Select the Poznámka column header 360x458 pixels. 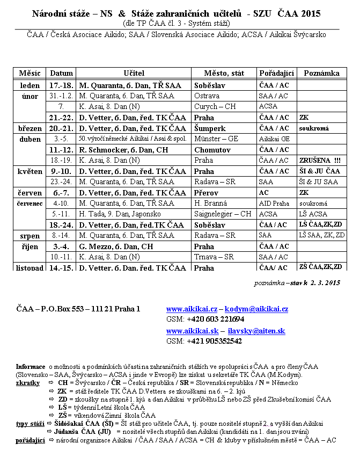(x=321, y=72)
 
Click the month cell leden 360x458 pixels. (x=30, y=85)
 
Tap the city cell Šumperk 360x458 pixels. (x=210, y=128)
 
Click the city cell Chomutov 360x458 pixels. (x=212, y=150)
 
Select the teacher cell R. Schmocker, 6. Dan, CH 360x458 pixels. (x=124, y=150)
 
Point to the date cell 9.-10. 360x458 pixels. (x=61, y=171)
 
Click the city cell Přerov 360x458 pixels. (x=207, y=193)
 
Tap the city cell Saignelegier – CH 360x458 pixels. (x=223, y=214)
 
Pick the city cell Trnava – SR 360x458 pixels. (x=214, y=257)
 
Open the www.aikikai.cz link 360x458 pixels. (x=192, y=309)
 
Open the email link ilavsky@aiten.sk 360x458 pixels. (x=256, y=331)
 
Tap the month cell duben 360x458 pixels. (x=30, y=139)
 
